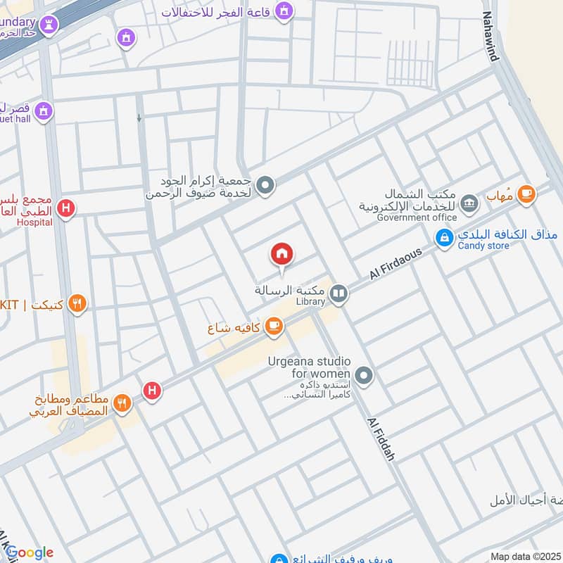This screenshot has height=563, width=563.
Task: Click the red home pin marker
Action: [282, 254]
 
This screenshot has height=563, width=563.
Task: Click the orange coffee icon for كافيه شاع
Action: [274, 326]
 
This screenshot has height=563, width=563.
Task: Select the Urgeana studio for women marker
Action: [364, 376]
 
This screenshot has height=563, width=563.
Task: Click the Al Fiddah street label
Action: [380, 438]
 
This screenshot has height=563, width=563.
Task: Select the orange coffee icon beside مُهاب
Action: [525, 194]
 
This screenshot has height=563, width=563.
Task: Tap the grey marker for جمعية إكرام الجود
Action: [265, 186]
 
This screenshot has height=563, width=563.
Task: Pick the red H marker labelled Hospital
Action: [66, 208]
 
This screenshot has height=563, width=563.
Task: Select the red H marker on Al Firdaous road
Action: [153, 391]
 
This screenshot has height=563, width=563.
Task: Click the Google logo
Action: [28, 553]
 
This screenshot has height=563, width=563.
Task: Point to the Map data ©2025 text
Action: [525, 557]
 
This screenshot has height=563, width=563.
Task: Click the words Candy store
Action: [483, 246]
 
